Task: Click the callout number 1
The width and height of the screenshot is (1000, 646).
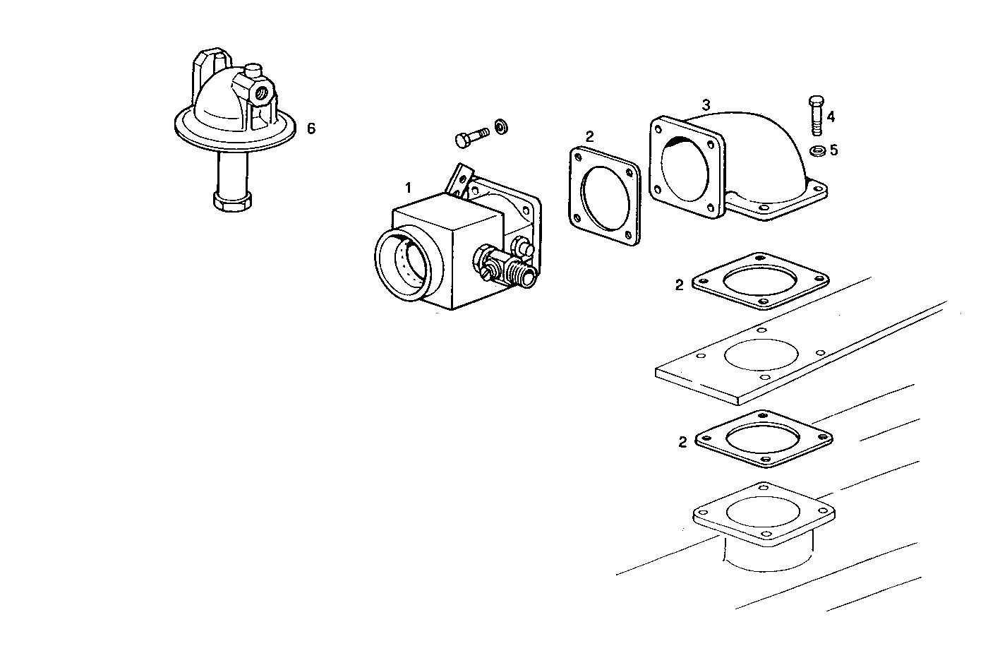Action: pos(407,188)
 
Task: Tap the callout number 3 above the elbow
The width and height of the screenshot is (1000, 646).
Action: pos(706,104)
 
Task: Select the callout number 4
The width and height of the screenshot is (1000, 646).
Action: pos(831,116)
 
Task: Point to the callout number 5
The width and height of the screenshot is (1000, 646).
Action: pos(833,150)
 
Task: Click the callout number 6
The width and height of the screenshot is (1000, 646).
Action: pos(311,128)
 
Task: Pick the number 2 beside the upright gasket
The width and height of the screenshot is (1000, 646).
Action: pos(590,136)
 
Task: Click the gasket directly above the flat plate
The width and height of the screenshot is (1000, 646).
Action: pos(760,280)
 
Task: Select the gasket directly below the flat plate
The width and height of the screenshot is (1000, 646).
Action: pos(764,438)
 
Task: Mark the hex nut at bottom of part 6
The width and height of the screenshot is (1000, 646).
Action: pos(231,199)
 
